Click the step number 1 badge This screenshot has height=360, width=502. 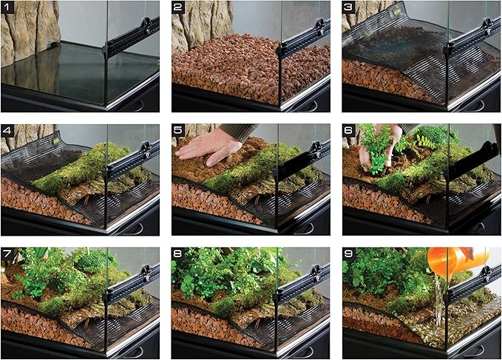tap(10, 8)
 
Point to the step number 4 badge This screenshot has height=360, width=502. tap(10, 132)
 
